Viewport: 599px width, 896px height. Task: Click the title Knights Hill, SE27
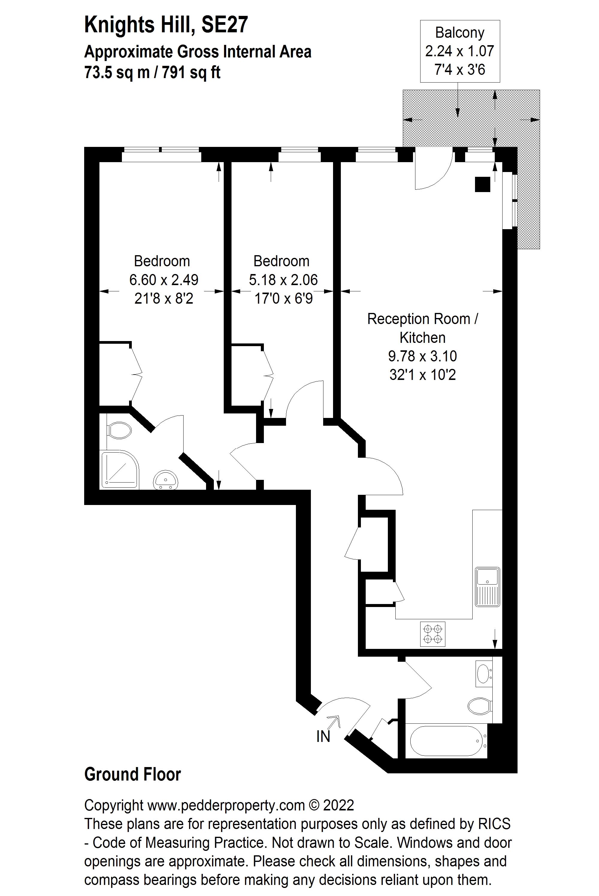(166, 25)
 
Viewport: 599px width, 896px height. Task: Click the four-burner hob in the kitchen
(432, 634)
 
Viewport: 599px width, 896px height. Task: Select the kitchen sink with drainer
(488, 587)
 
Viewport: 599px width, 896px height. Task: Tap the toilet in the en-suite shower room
(119, 430)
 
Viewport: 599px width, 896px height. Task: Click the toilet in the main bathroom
(479, 706)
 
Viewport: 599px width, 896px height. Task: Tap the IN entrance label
(323, 737)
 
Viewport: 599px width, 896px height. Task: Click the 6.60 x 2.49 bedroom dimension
(164, 280)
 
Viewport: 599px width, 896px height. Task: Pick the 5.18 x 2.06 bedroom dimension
(283, 280)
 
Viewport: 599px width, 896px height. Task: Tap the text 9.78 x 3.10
(422, 356)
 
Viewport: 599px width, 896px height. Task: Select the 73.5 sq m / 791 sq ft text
(152, 72)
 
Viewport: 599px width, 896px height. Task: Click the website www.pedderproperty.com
(226, 805)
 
